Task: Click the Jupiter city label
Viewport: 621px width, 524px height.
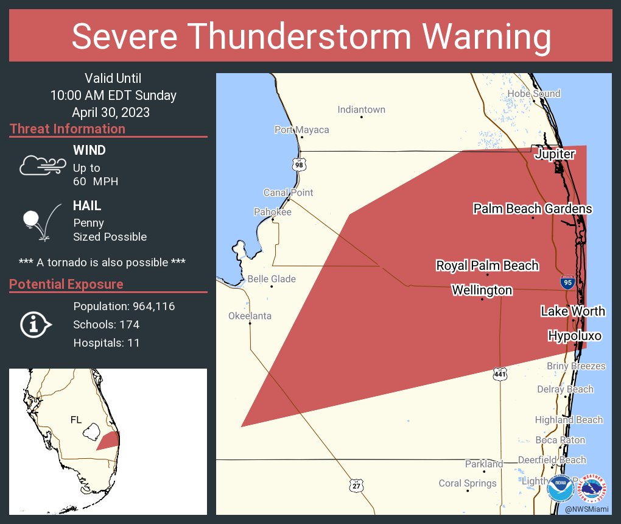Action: [554, 154]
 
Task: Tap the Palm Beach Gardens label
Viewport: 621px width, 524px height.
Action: [532, 209]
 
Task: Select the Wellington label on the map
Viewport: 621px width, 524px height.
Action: [482, 291]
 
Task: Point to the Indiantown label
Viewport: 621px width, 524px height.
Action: [361, 110]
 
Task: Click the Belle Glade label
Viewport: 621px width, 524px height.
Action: [272, 279]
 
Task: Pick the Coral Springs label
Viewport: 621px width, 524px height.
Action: [468, 483]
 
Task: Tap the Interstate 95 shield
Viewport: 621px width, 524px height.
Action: [567, 281]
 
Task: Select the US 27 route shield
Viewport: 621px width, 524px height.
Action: [356, 485]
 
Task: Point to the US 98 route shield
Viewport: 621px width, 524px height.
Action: [298, 165]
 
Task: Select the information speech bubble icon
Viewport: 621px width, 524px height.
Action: [36, 325]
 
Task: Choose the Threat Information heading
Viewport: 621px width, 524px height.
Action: [68, 129]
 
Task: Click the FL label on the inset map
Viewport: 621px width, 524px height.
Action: [76, 420]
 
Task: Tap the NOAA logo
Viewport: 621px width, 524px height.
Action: [560, 489]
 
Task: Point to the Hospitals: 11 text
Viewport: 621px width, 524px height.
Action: [107, 343]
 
